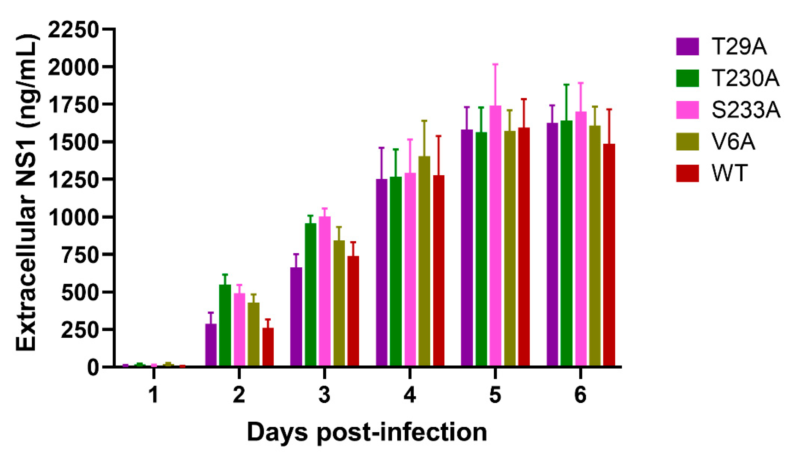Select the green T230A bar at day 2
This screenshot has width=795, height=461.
pyautogui.click(x=225, y=325)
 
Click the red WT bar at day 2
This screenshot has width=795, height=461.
pyautogui.click(x=268, y=347)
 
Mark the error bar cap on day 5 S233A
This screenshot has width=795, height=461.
pyautogui.click(x=495, y=64)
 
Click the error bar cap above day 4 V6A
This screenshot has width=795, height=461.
pyautogui.click(x=424, y=120)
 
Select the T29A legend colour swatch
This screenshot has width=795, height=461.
pyautogui.click(x=687, y=46)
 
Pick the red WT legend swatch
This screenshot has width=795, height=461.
pyautogui.click(x=687, y=173)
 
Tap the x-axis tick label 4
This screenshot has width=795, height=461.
pyautogui.click(x=409, y=395)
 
